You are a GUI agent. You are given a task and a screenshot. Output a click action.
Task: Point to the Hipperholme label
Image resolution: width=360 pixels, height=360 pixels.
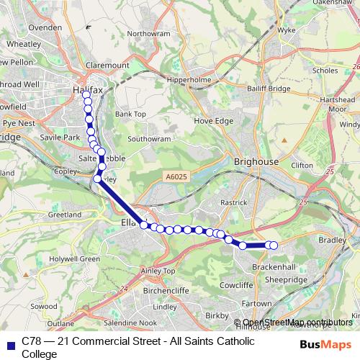[x=188, y=79]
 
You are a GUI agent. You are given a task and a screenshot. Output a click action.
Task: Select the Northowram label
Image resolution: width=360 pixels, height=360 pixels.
[x=148, y=34]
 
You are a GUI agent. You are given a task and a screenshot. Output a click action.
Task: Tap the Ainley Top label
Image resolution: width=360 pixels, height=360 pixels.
[x=160, y=271]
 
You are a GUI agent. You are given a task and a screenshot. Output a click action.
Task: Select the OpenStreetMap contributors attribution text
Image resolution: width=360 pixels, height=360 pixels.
[x=297, y=322]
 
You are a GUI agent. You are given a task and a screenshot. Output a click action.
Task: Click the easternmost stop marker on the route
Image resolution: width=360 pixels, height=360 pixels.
[x=274, y=246]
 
